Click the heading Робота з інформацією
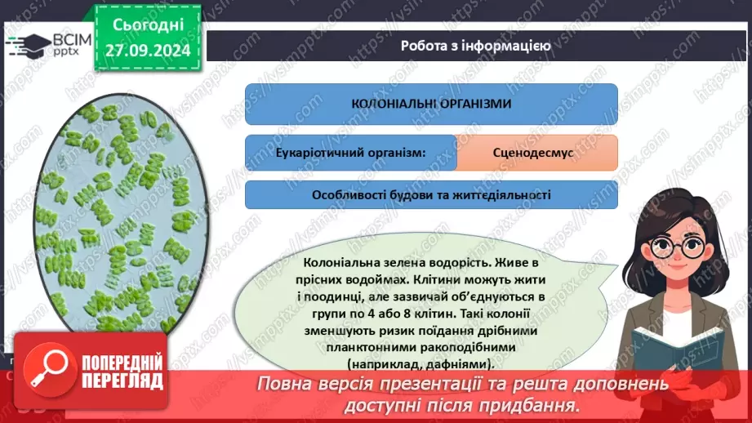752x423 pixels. (475, 46)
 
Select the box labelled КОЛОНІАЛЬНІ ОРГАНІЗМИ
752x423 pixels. (431, 104)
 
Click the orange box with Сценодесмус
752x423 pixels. (536, 153)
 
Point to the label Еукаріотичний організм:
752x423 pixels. (350, 153)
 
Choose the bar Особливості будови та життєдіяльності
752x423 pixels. (431, 195)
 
